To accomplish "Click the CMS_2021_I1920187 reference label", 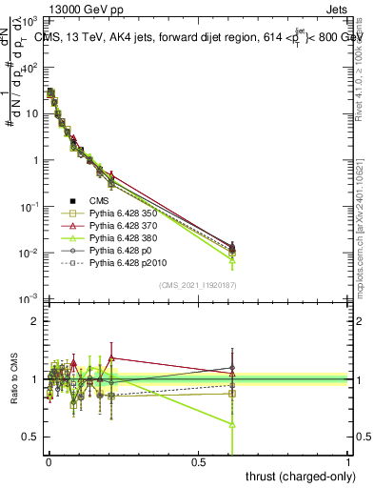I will coord(197,286).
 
